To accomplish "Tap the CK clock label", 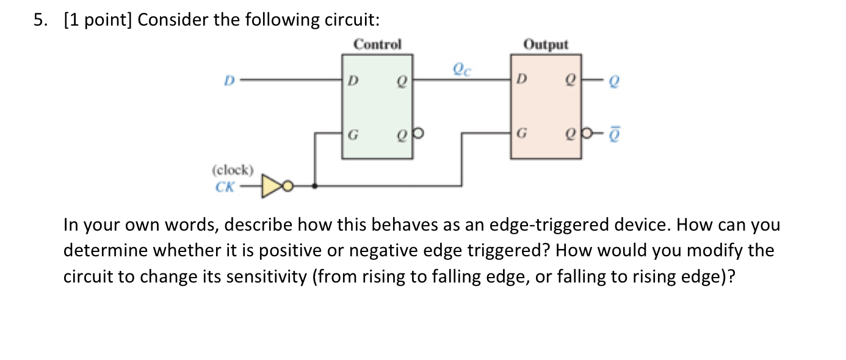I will click(x=225, y=187).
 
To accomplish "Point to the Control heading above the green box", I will click(x=378, y=45).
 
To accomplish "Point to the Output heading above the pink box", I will click(x=546, y=45).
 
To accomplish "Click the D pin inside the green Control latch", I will click(x=350, y=80).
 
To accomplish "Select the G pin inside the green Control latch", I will click(x=351, y=132).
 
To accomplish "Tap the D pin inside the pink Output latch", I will click(x=520, y=80).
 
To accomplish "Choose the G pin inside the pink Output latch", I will click(x=520, y=132).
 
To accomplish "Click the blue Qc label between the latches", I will click(x=461, y=69).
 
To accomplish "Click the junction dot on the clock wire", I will click(x=314, y=186).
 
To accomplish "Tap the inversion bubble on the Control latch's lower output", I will click(x=418, y=132).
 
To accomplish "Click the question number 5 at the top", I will click(x=39, y=20).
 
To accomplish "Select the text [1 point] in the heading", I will click(x=98, y=20).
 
